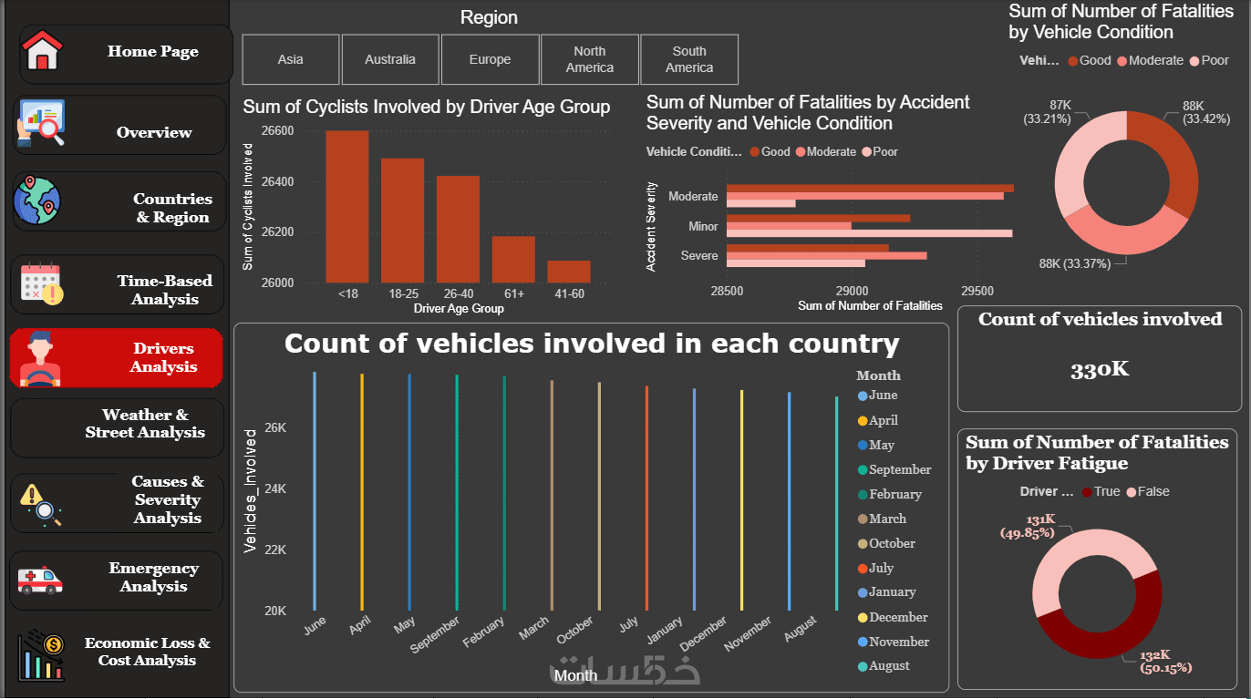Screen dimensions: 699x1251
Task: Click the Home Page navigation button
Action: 126,53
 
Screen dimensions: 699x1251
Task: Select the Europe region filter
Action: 490,59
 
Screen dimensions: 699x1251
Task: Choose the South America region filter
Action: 688,59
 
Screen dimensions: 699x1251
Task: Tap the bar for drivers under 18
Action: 347,207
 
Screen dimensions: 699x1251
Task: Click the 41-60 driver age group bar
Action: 569,272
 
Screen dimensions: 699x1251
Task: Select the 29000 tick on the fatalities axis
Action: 852,292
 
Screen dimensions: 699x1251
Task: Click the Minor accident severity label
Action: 703,226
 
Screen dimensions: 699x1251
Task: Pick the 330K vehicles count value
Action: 1100,369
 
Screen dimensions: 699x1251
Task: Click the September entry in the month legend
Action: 899,470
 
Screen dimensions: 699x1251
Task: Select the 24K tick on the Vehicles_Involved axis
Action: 275,488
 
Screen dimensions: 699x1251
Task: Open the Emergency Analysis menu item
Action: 153,578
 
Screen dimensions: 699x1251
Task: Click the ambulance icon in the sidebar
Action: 40,580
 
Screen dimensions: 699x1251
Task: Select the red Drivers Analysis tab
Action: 117,357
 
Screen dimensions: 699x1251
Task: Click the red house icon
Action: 41,51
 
